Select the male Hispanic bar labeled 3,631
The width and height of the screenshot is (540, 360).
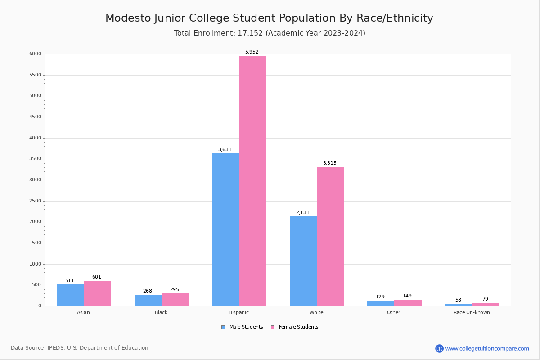225,229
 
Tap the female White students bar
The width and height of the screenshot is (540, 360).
330,236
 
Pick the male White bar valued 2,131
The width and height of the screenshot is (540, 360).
303,261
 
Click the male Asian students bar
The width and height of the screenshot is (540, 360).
70,295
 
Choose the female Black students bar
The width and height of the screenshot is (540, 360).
175,300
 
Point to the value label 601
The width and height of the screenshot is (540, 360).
97,277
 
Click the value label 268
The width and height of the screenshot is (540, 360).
148,291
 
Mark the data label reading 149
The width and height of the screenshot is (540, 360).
407,296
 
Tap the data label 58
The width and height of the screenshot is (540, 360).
458,300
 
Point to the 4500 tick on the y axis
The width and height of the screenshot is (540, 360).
36,117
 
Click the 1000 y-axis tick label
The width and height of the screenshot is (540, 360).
36,264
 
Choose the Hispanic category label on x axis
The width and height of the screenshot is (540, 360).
238,313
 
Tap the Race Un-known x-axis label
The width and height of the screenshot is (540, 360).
472,313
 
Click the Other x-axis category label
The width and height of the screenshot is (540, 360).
393,313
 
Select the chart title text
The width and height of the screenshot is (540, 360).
269,18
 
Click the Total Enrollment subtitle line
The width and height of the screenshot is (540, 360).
270,33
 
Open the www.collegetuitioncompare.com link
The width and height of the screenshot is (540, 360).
487,348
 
